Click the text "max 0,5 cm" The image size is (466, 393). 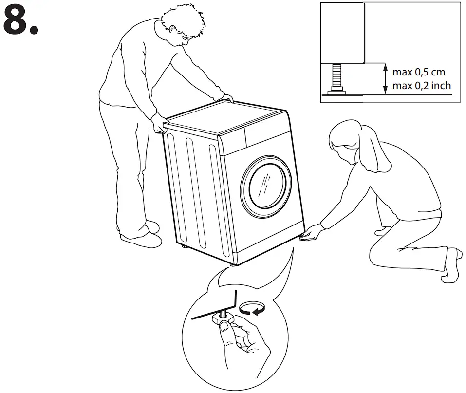(x=418, y=72)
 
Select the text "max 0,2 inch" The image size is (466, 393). (x=422, y=86)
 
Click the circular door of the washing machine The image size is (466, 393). (x=266, y=187)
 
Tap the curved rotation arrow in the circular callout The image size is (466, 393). (x=252, y=308)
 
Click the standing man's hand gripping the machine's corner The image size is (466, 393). (x=160, y=124)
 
